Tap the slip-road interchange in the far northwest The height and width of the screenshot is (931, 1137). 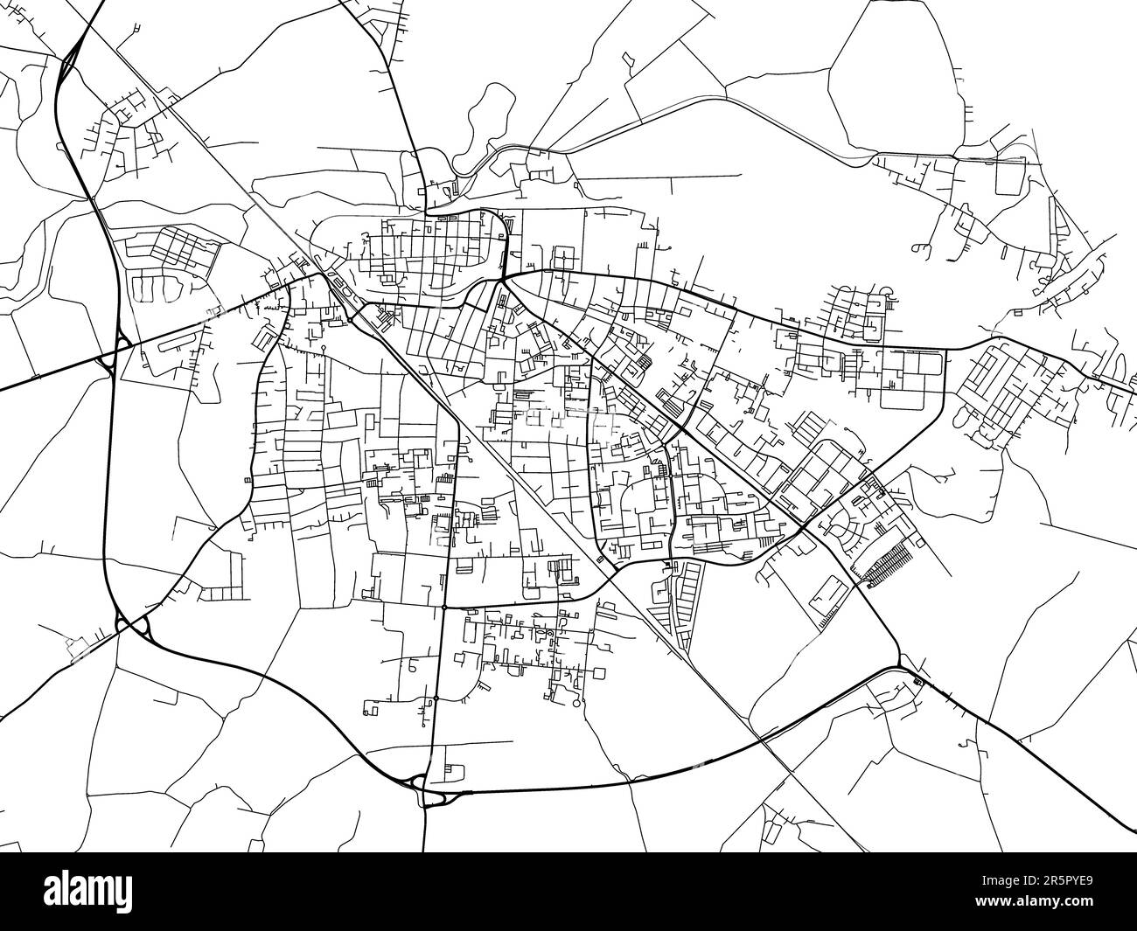tap(70, 61)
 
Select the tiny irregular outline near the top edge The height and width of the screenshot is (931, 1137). tap(628, 61)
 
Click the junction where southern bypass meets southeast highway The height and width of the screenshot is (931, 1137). tap(901, 669)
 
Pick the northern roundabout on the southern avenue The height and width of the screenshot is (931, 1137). tap(444, 606)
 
